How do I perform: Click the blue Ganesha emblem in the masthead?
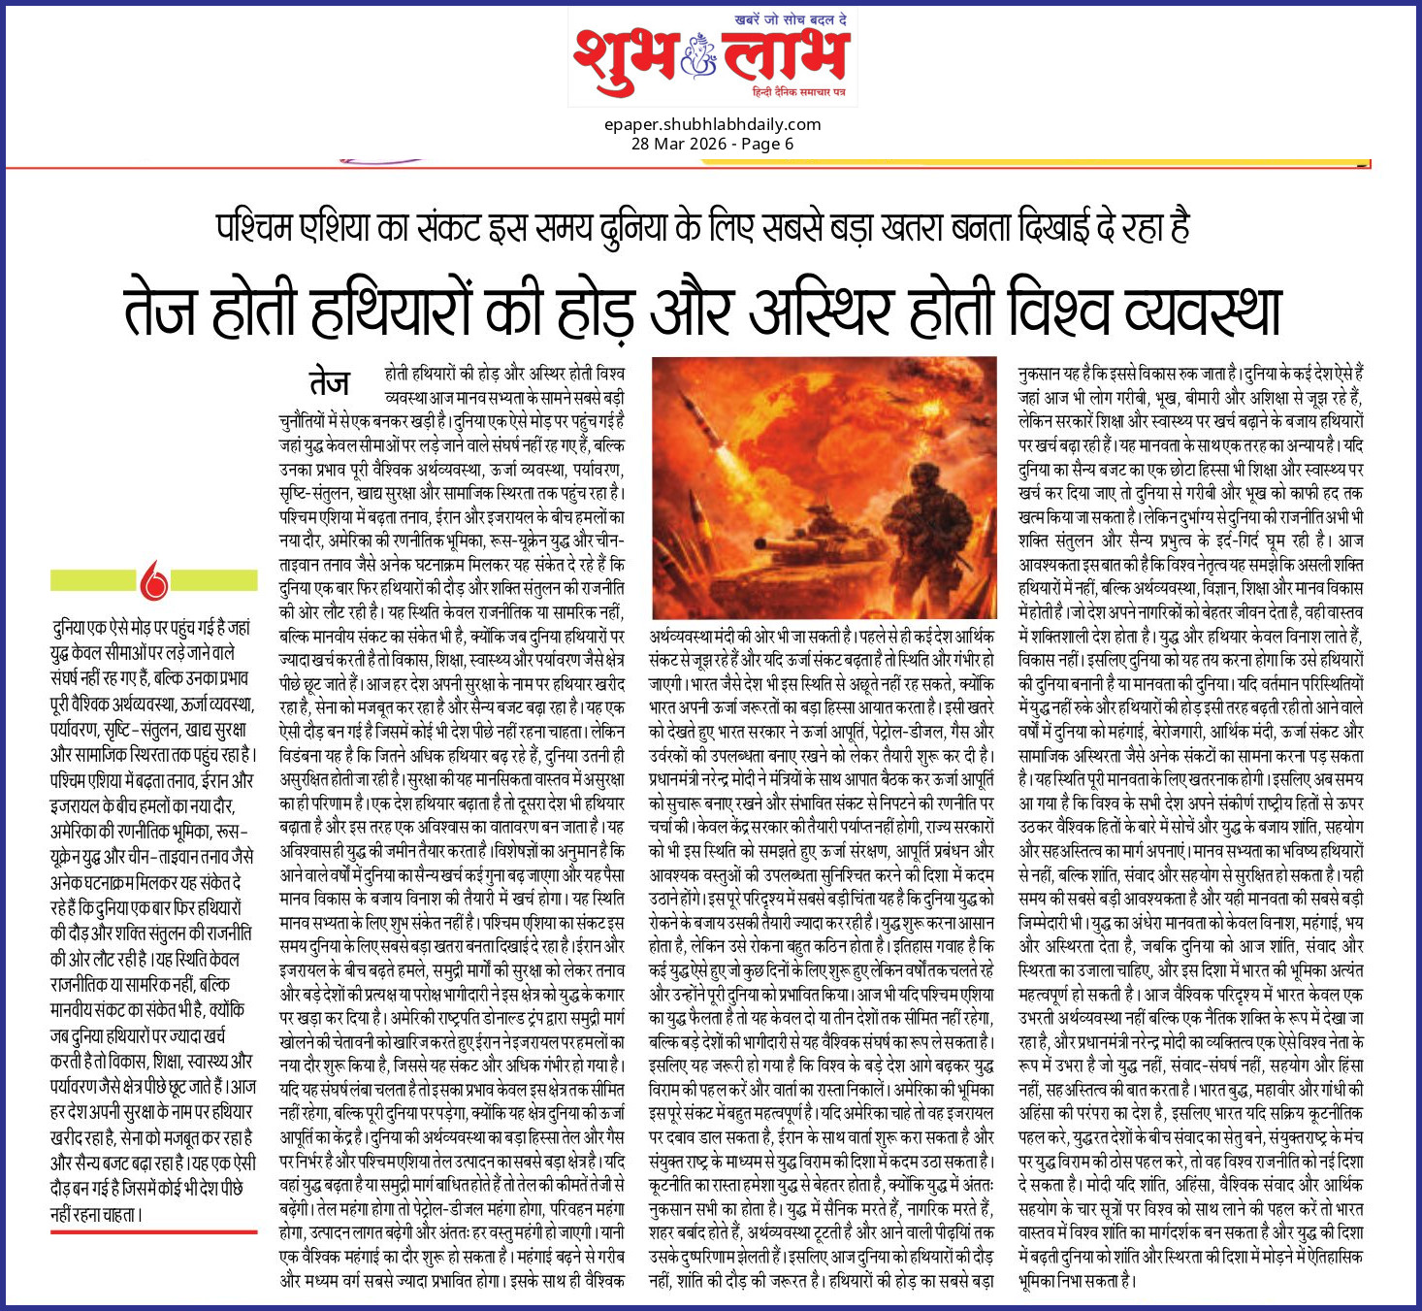(698, 55)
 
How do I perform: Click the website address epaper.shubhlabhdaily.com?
(712, 124)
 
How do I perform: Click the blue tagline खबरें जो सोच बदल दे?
(792, 20)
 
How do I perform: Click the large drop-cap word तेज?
(330, 381)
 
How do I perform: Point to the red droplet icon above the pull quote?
(154, 580)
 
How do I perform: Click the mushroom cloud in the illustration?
(931, 388)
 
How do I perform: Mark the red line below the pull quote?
(153, 1232)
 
